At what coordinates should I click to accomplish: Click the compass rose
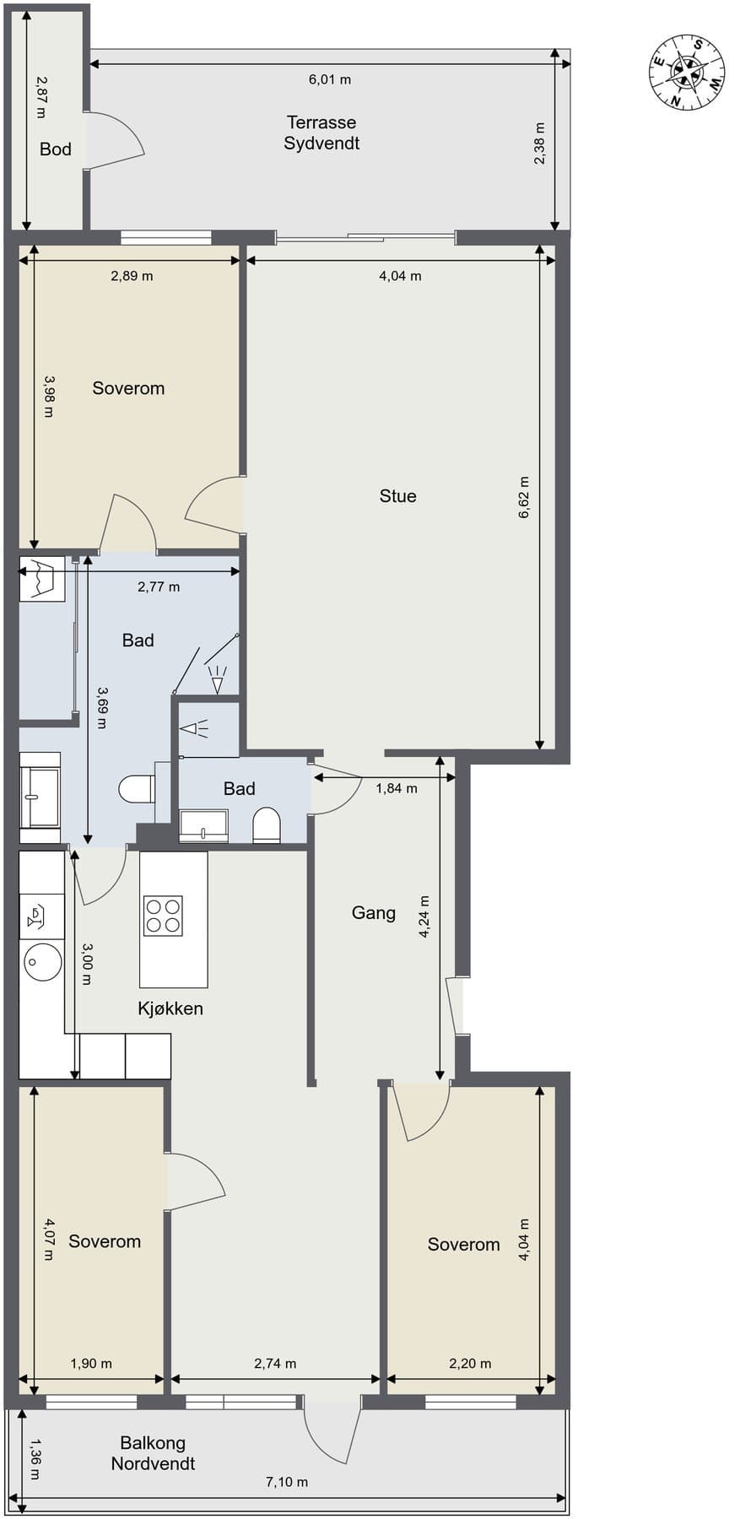click(x=686, y=73)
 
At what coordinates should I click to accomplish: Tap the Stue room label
click(x=397, y=496)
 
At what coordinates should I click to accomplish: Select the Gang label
click(x=373, y=913)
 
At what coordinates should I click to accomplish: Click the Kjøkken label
click(x=170, y=1008)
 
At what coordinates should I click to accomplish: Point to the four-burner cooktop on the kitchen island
click(x=164, y=916)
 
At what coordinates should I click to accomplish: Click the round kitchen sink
click(x=42, y=962)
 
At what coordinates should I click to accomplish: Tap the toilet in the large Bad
click(x=136, y=790)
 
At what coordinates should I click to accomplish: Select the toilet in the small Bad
click(x=266, y=826)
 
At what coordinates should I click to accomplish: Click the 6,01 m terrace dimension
click(x=330, y=80)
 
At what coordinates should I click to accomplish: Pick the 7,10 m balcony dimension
click(x=287, y=1481)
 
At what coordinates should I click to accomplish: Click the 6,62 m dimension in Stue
click(x=524, y=497)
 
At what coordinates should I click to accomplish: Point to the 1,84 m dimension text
click(x=397, y=789)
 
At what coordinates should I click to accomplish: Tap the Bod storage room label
click(x=56, y=149)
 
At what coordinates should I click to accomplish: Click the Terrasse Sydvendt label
click(x=321, y=133)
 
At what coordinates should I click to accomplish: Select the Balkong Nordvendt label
click(x=153, y=1453)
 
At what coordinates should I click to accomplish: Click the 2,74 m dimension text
click(x=275, y=1363)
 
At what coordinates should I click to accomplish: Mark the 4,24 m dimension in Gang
click(x=425, y=916)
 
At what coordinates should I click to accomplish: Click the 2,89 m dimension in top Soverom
click(x=132, y=276)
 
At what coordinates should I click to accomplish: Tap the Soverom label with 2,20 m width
click(x=463, y=1245)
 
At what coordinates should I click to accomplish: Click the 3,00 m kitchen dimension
click(x=86, y=964)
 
